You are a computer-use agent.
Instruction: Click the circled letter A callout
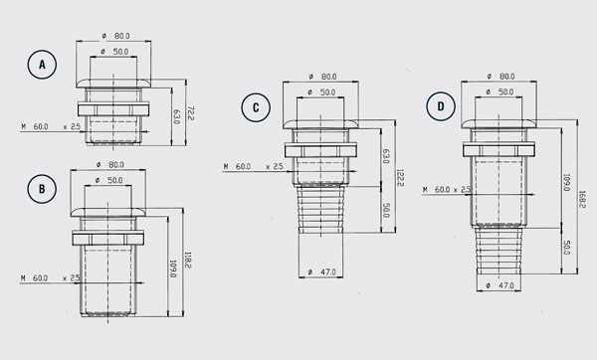(42, 65)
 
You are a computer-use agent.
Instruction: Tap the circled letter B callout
(42, 189)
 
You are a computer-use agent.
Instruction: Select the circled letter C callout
(256, 107)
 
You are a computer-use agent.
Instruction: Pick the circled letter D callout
(441, 106)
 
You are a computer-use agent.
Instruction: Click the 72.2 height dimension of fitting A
(191, 113)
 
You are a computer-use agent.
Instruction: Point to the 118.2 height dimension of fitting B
(188, 260)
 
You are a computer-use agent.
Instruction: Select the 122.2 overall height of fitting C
(400, 178)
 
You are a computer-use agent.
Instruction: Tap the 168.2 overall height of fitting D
(582, 199)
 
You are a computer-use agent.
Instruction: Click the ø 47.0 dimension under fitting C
(322, 272)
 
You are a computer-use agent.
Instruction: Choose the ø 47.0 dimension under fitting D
(500, 285)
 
